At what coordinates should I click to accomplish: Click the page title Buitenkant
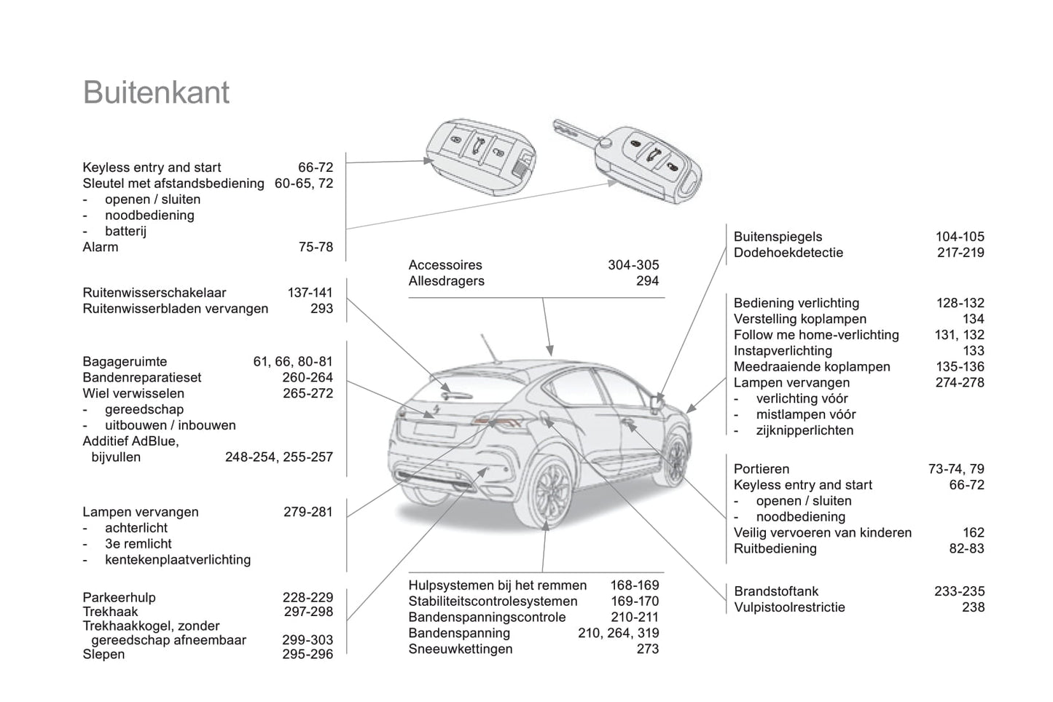tap(156, 92)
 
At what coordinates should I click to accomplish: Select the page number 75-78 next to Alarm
tap(316, 247)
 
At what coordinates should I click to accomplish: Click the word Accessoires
tap(445, 265)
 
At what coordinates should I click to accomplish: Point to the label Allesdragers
tap(446, 281)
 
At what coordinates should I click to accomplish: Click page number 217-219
tap(960, 253)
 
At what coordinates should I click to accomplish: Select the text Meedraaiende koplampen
tap(812, 367)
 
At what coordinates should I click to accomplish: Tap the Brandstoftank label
tap(776, 591)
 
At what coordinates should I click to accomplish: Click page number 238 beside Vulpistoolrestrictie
tap(973, 607)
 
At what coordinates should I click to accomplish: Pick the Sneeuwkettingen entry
tap(460, 649)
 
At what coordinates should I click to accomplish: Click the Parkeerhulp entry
tap(119, 597)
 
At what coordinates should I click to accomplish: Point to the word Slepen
tap(103, 654)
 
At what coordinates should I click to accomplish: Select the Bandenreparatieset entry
tap(141, 377)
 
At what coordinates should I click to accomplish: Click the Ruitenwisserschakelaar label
tap(154, 293)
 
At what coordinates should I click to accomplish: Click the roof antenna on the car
tap(489, 347)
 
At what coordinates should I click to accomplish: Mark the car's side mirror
tap(657, 403)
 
